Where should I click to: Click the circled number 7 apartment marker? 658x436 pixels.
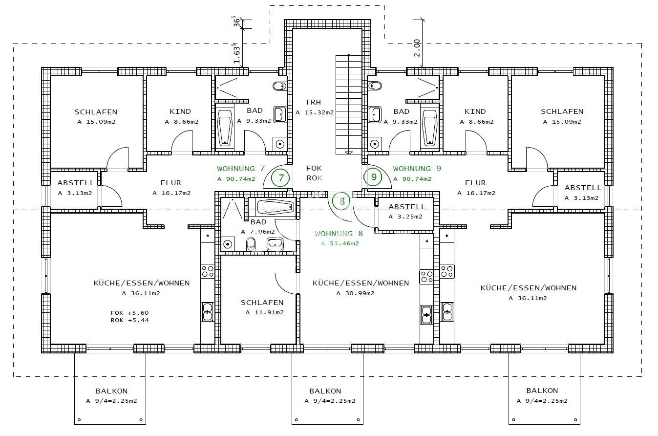click(281, 177)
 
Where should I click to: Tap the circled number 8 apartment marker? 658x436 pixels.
click(342, 200)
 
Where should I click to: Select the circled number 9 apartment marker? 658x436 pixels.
click(374, 177)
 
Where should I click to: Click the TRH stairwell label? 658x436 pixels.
click(313, 102)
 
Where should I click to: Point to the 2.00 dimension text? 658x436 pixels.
click(417, 48)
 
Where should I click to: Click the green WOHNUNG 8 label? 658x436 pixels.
click(340, 234)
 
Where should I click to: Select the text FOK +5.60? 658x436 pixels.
click(129, 313)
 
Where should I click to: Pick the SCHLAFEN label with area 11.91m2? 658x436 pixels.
click(262, 303)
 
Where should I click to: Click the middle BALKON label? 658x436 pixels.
click(325, 391)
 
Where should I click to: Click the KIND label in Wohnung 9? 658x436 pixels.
click(475, 111)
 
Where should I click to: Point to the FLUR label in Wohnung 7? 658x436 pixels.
click(170, 183)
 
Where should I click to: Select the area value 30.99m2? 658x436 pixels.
click(355, 293)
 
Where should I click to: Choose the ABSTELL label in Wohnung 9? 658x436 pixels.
click(583, 188)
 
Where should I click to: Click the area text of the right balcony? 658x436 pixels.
click(542, 401)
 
